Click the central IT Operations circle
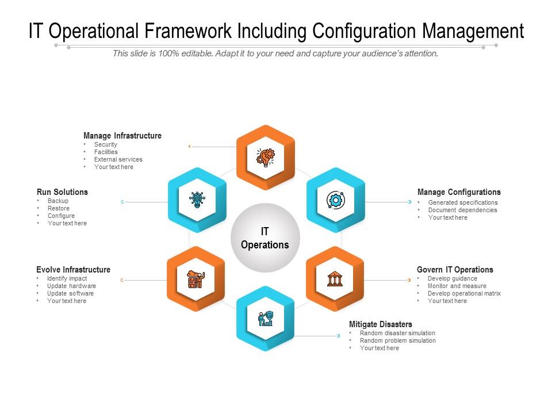(265, 238)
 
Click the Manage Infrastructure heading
(122, 136)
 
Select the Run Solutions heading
(62, 192)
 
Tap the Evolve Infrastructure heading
(73, 270)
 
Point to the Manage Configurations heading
(459, 192)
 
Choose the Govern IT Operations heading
(455, 270)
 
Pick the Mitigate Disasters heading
(380, 324)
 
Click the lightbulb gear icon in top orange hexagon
(265, 156)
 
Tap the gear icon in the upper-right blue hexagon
(335, 200)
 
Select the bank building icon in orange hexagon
(335, 279)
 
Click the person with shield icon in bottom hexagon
(265, 318)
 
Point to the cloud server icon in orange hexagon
(195, 279)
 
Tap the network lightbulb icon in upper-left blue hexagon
(197, 200)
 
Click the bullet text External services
(118, 159)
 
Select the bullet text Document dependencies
(462, 210)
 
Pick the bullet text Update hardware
(71, 286)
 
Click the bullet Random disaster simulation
(397, 333)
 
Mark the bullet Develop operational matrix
(464, 293)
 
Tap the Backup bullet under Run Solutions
(57, 201)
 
